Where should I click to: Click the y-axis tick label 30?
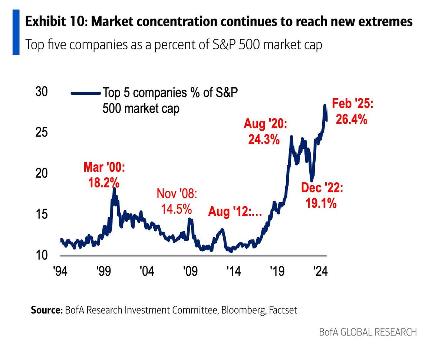pyautogui.click(x=42, y=92)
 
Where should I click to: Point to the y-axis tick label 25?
pyautogui.click(x=42, y=132)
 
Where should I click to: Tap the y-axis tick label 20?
pyautogui.click(x=42, y=173)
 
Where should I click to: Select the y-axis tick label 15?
pyautogui.click(x=42, y=215)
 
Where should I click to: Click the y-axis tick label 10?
pyautogui.click(x=42, y=255)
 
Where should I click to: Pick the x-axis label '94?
pyautogui.click(x=60, y=271)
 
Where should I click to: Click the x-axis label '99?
pyautogui.click(x=103, y=271)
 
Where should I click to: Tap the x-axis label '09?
pyautogui.click(x=190, y=271)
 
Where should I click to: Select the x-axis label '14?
pyautogui.click(x=233, y=271)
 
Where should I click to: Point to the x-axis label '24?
pyautogui.click(x=320, y=271)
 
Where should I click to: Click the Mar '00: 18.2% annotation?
pyautogui.click(x=104, y=175)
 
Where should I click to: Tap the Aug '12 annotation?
pyautogui.click(x=235, y=212)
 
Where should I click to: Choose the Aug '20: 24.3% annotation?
pyautogui.click(x=265, y=131)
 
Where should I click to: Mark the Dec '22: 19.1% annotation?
pyautogui.click(x=322, y=195)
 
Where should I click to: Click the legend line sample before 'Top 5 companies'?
pyautogui.click(x=86, y=93)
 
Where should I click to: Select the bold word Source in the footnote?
pyautogui.click(x=46, y=310)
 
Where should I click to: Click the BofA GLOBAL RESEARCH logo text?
pyautogui.click(x=367, y=332)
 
